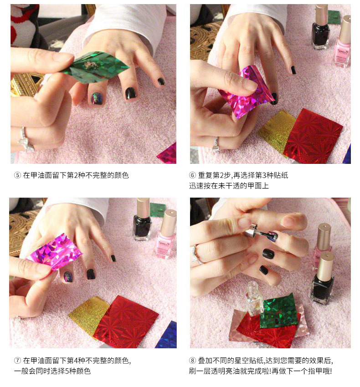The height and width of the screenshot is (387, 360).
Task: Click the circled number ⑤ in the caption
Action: (x=17, y=175)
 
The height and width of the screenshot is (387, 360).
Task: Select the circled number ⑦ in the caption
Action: (x=17, y=360)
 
